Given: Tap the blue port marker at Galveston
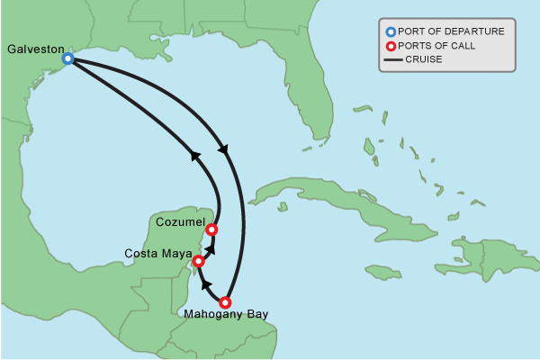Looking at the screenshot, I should [67, 58].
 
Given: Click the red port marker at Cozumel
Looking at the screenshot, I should [212, 229].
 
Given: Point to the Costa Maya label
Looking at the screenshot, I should [157, 253].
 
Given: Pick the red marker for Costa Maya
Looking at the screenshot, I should [199, 262].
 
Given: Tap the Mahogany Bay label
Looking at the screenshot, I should [225, 314].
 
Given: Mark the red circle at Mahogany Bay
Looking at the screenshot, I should [225, 302].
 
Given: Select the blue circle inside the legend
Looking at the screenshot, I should [391, 31].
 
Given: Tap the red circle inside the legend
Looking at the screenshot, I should [391, 46].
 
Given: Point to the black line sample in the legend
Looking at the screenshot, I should [391, 59].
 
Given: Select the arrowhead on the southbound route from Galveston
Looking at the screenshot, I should [223, 149].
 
